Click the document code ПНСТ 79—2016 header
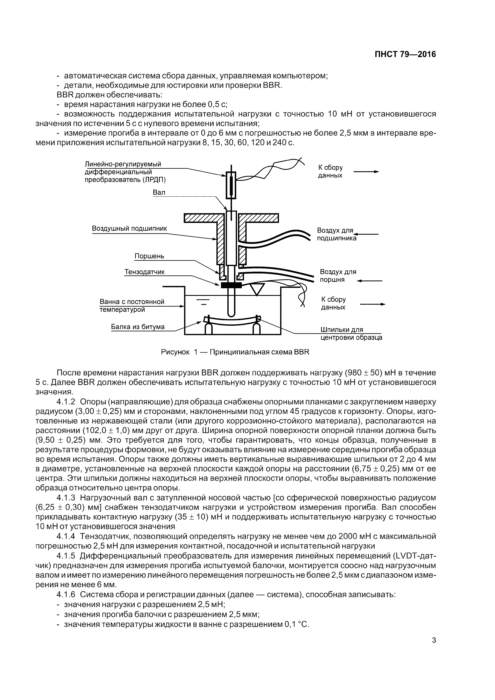[x=405, y=54]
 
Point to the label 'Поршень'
[x=149, y=256]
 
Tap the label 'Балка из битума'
[x=138, y=327]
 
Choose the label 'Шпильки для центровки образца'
[x=351, y=334]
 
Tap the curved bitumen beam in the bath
[x=232, y=320]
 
